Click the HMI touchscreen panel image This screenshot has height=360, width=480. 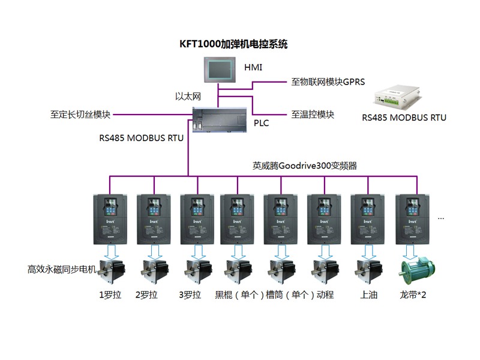220,70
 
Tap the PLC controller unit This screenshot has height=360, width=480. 220,119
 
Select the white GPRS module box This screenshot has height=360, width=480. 397,97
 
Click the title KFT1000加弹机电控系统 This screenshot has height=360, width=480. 233,44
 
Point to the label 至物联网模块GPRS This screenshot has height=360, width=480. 328,82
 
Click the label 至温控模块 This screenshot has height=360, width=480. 313,115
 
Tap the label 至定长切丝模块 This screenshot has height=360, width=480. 80,115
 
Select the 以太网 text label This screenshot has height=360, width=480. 188,97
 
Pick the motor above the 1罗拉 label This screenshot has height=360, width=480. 112,271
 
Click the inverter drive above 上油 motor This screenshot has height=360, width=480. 368,219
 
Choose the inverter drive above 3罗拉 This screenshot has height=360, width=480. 197,219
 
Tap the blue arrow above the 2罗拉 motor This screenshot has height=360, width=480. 155,251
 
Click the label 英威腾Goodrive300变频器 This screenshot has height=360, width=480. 305,166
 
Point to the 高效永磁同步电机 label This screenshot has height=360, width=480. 62,269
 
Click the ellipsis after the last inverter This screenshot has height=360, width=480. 441,218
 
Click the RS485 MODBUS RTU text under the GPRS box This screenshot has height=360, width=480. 404,118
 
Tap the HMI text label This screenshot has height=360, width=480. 253,67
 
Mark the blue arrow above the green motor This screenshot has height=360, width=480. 410,251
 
